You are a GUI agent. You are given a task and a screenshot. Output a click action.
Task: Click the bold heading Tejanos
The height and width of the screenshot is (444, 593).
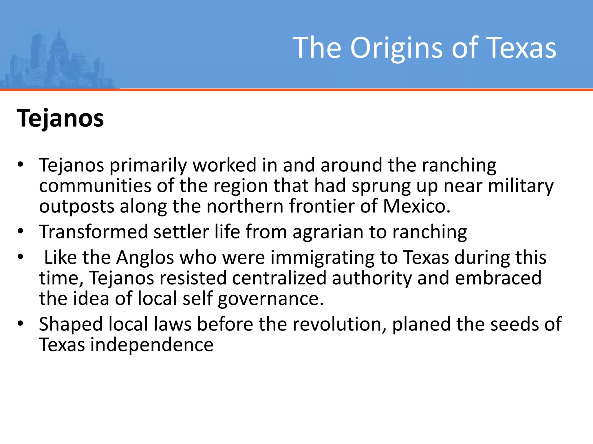click(x=60, y=119)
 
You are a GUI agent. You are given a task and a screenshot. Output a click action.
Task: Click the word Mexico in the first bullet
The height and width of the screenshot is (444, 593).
click(x=416, y=206)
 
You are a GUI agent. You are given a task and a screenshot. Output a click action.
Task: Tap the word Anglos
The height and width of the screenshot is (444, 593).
click(x=145, y=258)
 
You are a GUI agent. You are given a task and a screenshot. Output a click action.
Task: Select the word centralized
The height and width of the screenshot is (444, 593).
click(x=279, y=278)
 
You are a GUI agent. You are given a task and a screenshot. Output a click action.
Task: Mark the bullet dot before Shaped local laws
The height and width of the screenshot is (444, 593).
click(x=20, y=323)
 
